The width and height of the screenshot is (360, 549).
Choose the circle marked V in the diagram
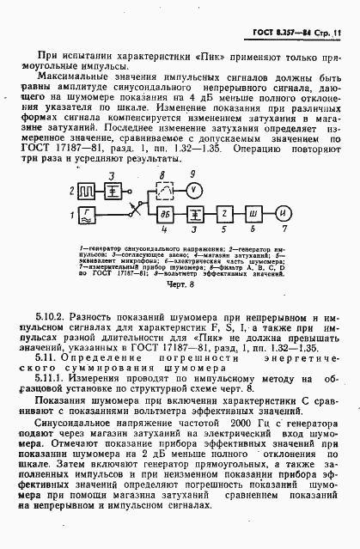tap(193, 187)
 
